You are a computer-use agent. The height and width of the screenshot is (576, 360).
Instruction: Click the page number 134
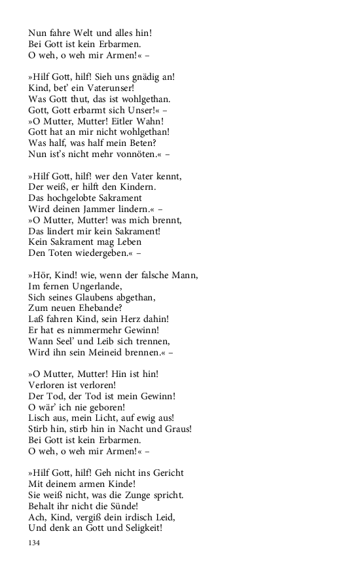tap(35, 543)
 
